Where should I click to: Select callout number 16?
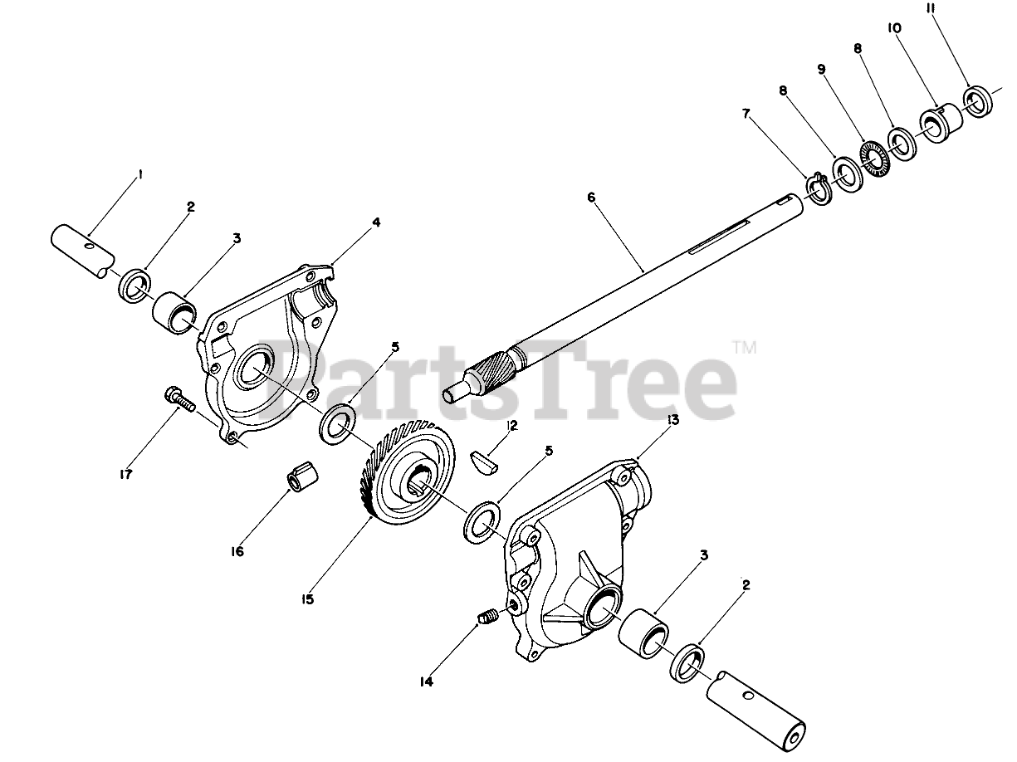pyautogui.click(x=237, y=550)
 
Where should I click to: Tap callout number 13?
pyautogui.click(x=672, y=420)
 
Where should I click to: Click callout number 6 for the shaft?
pyautogui.click(x=590, y=198)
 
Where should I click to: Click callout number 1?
pyautogui.click(x=140, y=174)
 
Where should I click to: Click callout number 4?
pyautogui.click(x=376, y=222)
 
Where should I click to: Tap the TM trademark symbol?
pyautogui.click(x=744, y=349)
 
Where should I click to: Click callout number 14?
pyautogui.click(x=427, y=682)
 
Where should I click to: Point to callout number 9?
pyautogui.click(x=822, y=70)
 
